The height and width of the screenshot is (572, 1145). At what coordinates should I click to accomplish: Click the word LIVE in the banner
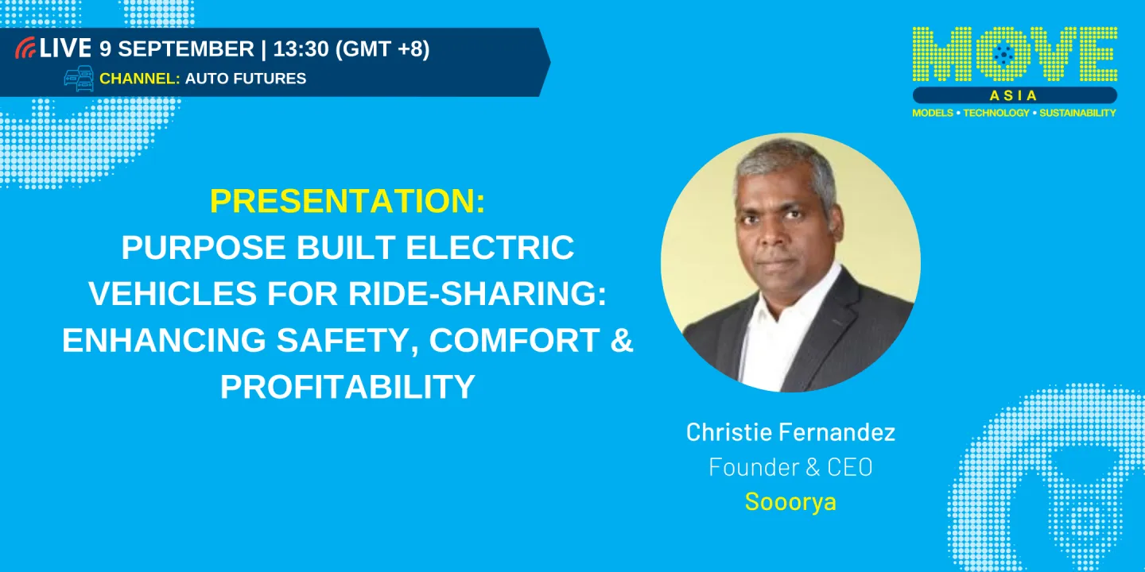(65, 48)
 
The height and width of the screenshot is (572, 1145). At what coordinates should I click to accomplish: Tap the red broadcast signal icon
(25, 48)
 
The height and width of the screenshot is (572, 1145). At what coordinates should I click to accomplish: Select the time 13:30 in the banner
(301, 48)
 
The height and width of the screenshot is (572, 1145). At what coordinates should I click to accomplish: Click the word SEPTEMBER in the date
(186, 48)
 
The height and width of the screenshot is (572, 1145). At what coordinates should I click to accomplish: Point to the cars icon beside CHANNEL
(79, 79)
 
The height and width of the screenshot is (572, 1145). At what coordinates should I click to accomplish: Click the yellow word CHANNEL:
(139, 79)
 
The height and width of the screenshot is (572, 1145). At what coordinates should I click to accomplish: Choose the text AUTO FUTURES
(246, 79)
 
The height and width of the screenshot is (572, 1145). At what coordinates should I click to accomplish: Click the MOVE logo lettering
(1015, 55)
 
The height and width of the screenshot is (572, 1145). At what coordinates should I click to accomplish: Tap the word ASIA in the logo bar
(1015, 95)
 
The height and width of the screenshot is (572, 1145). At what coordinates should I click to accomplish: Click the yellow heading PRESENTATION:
(347, 202)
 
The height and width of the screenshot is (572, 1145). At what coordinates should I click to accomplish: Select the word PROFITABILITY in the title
(347, 387)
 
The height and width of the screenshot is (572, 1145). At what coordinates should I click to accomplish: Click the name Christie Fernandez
(790, 432)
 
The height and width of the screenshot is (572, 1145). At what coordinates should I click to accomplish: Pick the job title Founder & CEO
(790, 467)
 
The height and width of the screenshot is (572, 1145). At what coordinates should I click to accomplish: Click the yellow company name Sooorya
(790, 502)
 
